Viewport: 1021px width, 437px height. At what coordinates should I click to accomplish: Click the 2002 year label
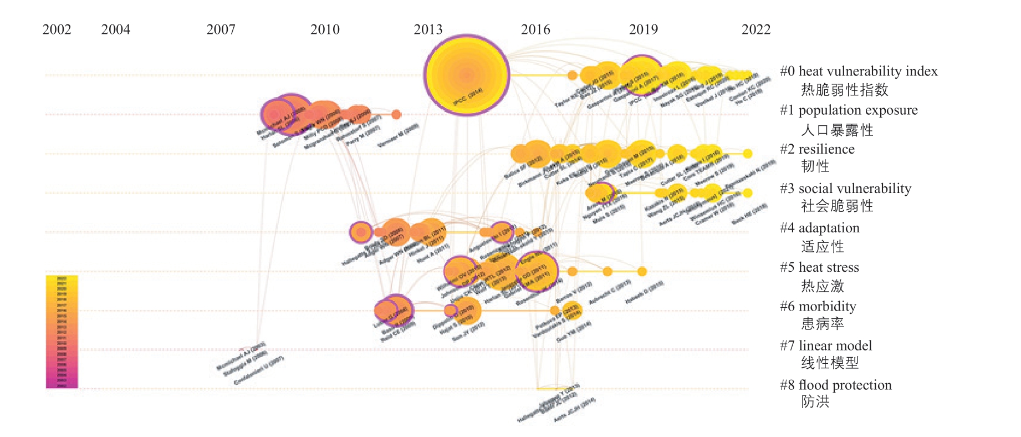click(x=57, y=29)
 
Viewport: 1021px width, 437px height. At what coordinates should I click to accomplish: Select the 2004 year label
click(x=115, y=29)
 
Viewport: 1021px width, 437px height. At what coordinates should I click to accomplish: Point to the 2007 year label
click(x=221, y=29)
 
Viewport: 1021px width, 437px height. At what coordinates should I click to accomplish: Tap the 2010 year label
click(x=325, y=29)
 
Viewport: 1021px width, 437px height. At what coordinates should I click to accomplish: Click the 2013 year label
click(x=428, y=29)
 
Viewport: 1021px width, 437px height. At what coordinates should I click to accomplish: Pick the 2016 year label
click(x=535, y=29)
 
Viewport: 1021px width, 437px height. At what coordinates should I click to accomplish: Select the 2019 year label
click(x=643, y=29)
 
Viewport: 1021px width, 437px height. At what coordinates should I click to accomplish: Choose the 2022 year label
click(x=756, y=29)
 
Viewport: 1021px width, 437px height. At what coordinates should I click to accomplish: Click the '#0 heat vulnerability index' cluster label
click(x=859, y=72)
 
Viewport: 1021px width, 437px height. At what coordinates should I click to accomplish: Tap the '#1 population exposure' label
click(x=849, y=110)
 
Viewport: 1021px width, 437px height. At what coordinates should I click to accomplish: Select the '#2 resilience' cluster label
click(x=817, y=149)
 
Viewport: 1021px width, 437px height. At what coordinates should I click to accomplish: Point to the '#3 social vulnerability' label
click(x=845, y=189)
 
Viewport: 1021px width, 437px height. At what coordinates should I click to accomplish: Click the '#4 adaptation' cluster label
click(x=820, y=228)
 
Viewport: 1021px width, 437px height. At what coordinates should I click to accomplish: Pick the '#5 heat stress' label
click(x=819, y=267)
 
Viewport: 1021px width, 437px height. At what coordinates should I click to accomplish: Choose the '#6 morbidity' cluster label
click(x=818, y=307)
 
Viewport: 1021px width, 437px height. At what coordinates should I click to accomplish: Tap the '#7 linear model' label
click(x=826, y=346)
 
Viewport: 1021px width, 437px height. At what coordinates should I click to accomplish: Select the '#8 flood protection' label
click(x=836, y=385)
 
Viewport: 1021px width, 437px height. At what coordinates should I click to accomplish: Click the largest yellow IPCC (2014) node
click(x=466, y=75)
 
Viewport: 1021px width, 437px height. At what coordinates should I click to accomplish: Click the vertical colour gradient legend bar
click(x=62, y=332)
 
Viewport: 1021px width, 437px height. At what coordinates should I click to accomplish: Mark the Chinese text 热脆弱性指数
click(x=845, y=90)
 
